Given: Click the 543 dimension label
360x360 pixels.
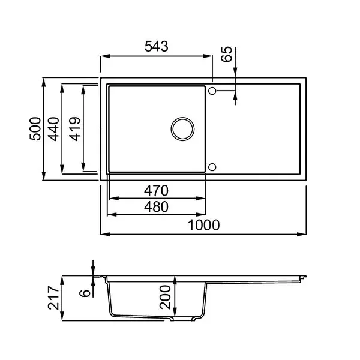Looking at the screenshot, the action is pos(157,46).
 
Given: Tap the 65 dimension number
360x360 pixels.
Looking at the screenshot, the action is pos(227,54).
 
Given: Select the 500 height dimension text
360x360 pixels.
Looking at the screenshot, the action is pos(35,128).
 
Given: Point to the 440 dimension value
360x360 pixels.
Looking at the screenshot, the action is pos(53,129).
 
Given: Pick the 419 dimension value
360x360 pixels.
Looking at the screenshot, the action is pos(75,129).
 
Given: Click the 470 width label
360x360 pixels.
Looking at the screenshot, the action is pos(156,191).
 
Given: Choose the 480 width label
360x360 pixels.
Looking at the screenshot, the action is pos(156,207).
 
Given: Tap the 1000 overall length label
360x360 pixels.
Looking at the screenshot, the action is pos(204,225).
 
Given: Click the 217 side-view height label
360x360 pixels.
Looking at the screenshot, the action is pos(53,298).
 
